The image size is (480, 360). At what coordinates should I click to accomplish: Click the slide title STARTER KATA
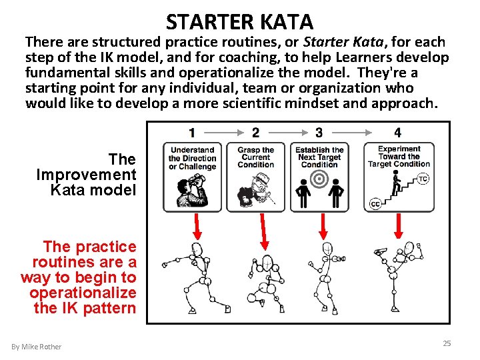(x=239, y=22)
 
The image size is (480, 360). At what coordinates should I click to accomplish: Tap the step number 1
(x=192, y=133)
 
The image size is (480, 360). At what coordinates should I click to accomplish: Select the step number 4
(x=397, y=133)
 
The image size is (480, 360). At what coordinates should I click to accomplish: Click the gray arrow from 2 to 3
(x=288, y=133)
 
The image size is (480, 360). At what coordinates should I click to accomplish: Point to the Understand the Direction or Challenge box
(x=192, y=177)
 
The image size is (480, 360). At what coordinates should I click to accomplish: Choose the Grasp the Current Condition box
(x=255, y=177)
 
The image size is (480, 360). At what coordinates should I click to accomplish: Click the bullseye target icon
(x=319, y=179)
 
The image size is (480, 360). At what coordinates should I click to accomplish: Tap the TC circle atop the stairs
(x=423, y=179)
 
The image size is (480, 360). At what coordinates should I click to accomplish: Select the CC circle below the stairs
(x=375, y=204)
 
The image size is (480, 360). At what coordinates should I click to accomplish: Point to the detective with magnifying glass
(x=255, y=190)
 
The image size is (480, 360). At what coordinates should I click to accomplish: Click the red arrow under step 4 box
(x=398, y=226)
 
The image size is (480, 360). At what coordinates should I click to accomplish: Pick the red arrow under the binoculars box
(x=197, y=227)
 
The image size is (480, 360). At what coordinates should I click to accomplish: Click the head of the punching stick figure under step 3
(x=327, y=249)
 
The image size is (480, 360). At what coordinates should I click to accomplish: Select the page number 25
(x=447, y=343)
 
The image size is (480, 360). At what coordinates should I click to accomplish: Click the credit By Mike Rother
(x=37, y=347)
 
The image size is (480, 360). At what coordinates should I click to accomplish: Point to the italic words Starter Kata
(x=343, y=42)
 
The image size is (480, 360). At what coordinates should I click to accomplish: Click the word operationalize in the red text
(x=83, y=293)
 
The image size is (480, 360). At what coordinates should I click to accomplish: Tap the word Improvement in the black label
(x=86, y=175)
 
